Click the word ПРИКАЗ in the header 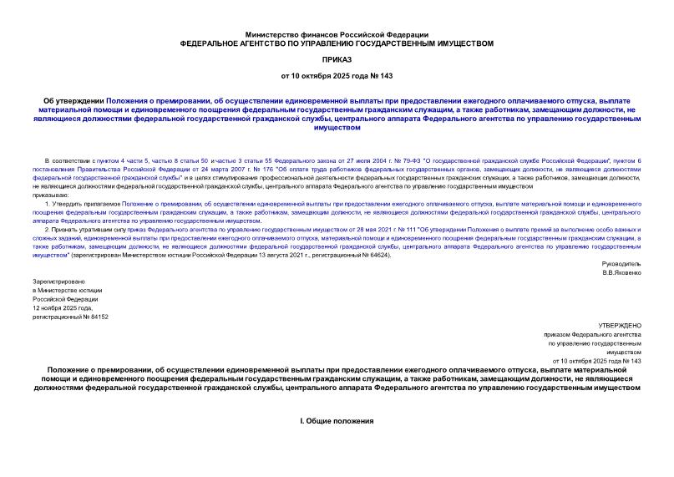(337, 59)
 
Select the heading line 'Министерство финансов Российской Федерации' (337, 33)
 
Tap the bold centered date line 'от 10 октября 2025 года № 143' (337, 76)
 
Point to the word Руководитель (622, 263)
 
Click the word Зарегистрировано (59, 282)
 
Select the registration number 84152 (97, 317)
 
